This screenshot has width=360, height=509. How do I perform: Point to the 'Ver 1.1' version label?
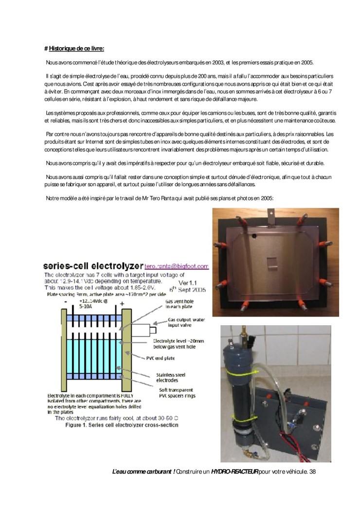[x=190, y=282]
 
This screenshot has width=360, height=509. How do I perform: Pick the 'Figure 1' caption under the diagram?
[x=122, y=425]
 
